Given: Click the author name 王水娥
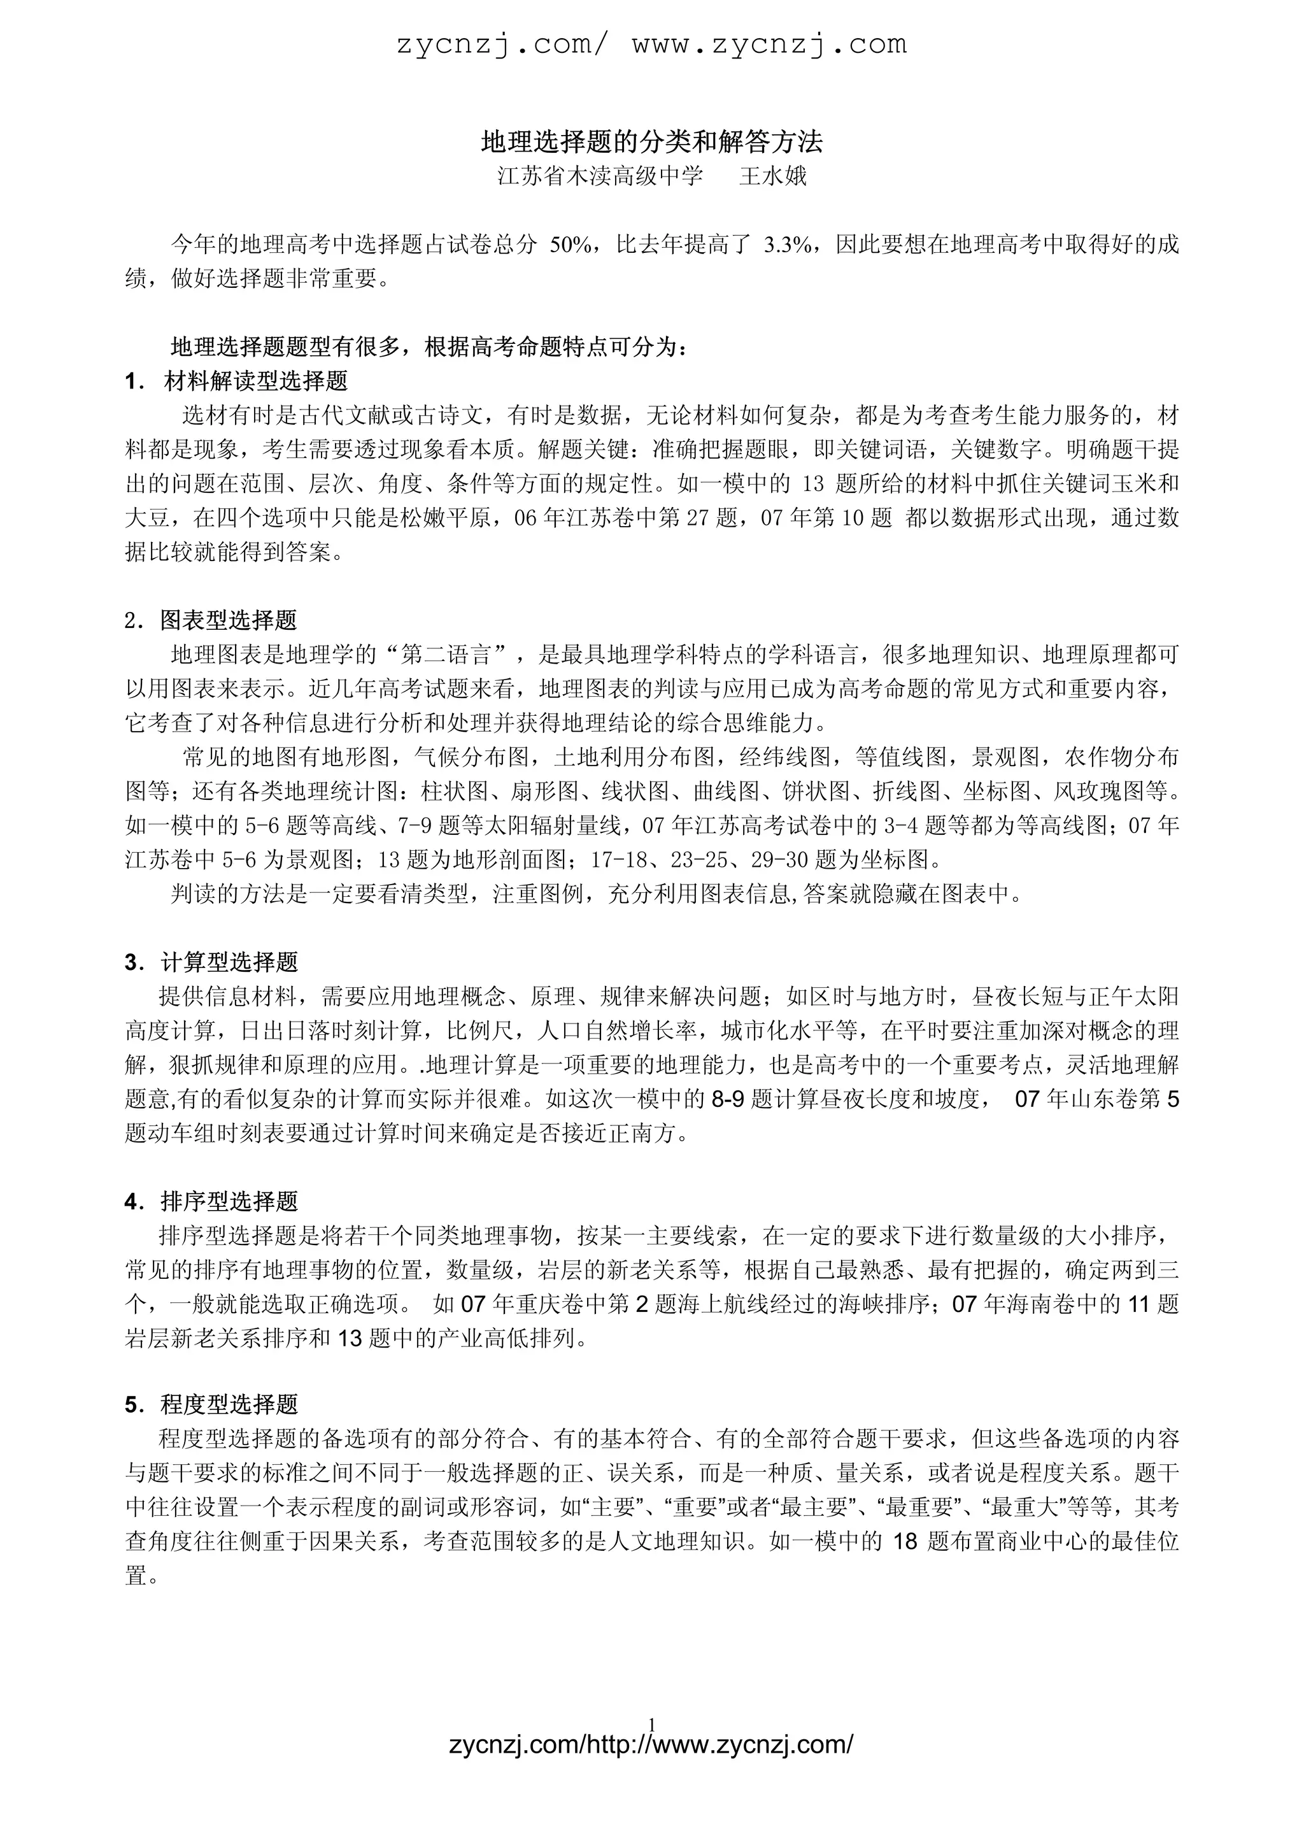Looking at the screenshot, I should (773, 176).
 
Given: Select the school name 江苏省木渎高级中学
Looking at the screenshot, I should (600, 176).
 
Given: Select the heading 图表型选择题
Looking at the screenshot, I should (229, 620).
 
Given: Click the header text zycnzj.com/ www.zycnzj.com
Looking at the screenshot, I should (651, 45).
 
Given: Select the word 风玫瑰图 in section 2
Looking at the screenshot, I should (1100, 792).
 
